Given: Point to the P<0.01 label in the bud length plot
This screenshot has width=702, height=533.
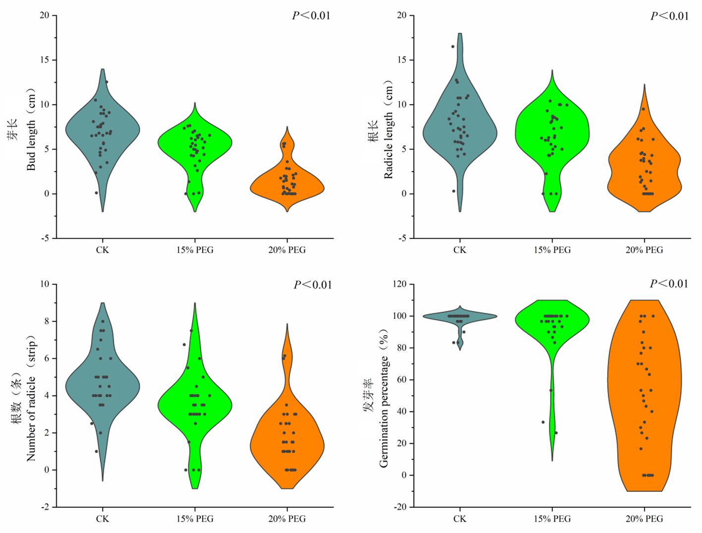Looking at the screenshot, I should click(311, 15).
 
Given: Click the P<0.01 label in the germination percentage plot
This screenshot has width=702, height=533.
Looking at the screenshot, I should click(669, 284).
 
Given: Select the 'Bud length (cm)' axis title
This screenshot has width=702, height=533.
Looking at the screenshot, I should click(31, 130).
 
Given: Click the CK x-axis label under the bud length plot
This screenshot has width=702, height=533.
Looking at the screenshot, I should click(103, 250).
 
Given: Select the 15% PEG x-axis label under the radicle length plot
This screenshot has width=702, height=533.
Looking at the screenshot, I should click(552, 250).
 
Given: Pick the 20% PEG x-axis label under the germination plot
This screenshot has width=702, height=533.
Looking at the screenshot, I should click(644, 519).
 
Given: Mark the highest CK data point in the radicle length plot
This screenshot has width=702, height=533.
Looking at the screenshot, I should click(452, 47).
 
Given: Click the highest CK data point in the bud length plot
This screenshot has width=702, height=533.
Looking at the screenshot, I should click(107, 82).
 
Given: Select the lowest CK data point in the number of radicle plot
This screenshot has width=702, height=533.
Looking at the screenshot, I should click(97, 451).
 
